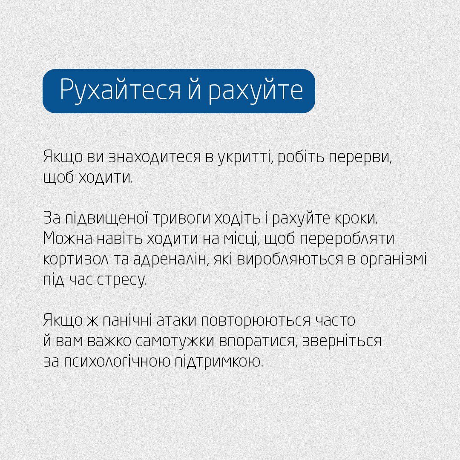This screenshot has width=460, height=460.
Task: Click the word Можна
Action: (x=64, y=239)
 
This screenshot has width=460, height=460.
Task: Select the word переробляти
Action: (x=347, y=239)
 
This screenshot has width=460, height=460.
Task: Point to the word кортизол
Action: (x=72, y=259)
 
